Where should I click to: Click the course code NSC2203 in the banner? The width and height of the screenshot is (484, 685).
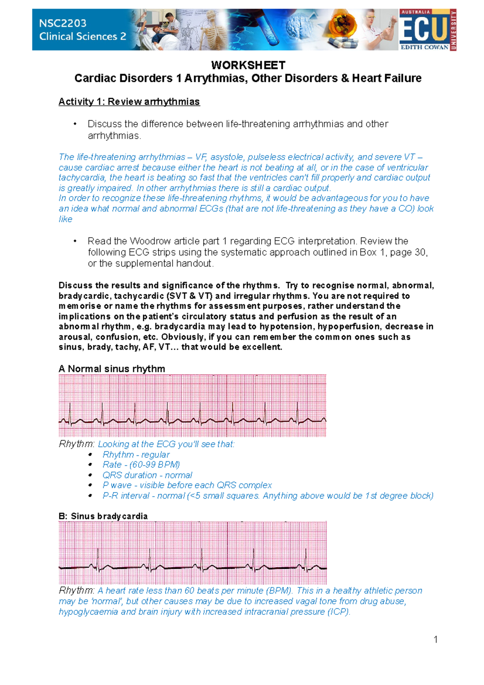point(63,23)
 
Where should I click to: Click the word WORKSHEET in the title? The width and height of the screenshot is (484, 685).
point(248,65)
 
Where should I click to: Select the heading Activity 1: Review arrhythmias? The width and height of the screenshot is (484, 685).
point(129,102)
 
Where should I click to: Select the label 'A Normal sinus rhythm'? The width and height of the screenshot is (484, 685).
point(112,369)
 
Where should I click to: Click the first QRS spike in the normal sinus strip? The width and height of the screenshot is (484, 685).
point(70,412)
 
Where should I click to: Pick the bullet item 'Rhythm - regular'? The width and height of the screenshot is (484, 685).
point(136,454)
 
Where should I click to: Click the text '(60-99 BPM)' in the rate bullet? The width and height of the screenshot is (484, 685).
point(154,465)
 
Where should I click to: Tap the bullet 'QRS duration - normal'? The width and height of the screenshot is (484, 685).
point(147,475)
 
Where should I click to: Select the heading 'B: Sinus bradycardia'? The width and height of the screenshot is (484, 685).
point(103,516)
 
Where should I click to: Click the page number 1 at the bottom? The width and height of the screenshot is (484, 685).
point(436,639)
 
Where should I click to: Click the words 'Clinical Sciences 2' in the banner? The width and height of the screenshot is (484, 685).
point(83,37)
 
